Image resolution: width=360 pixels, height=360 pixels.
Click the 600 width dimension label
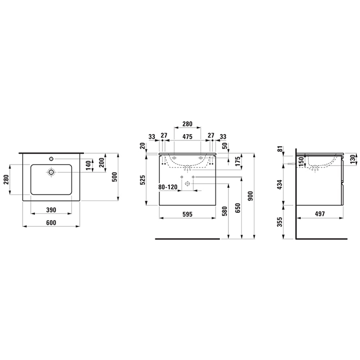51,223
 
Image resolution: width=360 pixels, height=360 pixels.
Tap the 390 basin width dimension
51,210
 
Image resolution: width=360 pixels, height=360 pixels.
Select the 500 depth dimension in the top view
115,177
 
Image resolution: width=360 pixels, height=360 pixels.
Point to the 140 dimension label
88,165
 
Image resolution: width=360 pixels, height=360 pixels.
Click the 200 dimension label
102,163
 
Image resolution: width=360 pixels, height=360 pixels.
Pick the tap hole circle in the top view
51,158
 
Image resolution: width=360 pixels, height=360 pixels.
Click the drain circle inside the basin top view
51,172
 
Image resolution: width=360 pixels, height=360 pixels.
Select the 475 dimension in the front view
187,136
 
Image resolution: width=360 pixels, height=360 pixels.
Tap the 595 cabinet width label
187,214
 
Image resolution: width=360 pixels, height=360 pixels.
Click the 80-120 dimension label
168,187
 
